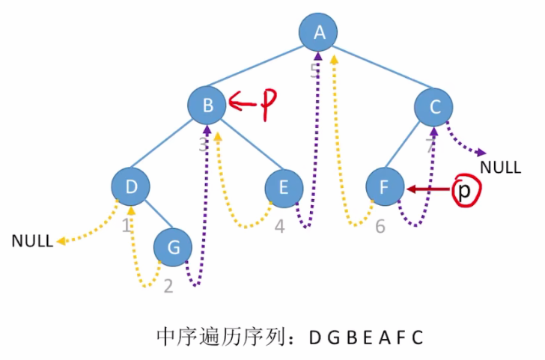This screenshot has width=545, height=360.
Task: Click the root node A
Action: (320, 34)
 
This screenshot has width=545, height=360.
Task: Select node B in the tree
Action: (207, 106)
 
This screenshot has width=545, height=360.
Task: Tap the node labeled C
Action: (435, 108)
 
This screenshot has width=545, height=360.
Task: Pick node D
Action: (131, 188)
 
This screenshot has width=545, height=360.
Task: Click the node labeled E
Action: (284, 188)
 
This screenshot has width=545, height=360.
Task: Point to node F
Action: (384, 188)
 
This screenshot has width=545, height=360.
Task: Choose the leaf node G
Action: (173, 247)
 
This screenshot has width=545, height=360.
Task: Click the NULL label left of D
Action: (32, 241)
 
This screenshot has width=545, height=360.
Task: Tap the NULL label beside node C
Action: (500, 167)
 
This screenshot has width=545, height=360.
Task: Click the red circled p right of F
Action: (465, 192)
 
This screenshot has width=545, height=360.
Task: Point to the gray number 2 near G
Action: (168, 285)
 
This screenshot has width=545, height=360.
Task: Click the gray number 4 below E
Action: (279, 226)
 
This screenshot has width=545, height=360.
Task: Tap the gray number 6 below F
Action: (380, 225)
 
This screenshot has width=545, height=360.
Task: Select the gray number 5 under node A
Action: (314, 70)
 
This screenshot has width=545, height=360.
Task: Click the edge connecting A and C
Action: (379, 70)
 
